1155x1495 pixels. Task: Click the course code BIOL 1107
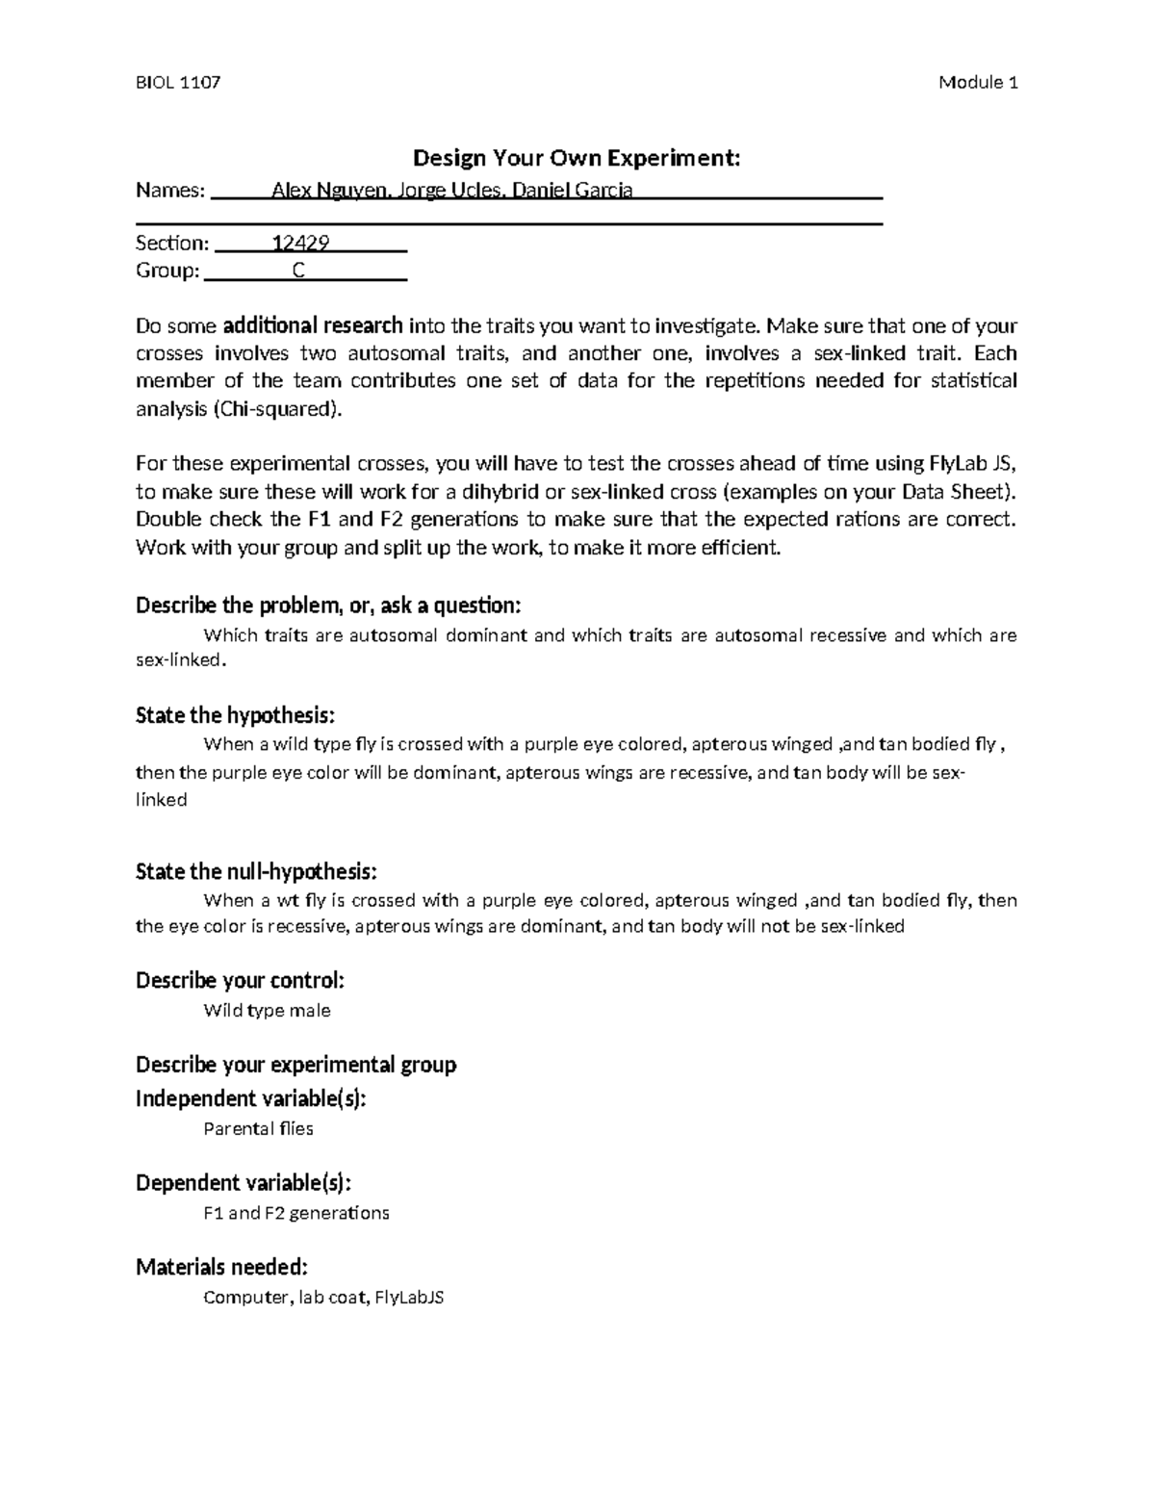[x=178, y=83]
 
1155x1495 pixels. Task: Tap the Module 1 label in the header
[x=978, y=83]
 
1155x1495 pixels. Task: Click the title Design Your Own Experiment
[x=577, y=158]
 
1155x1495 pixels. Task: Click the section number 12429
[x=301, y=244]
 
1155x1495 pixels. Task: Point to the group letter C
[x=298, y=271]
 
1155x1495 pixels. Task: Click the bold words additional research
[x=313, y=325]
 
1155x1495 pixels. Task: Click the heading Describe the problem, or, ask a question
[x=327, y=606]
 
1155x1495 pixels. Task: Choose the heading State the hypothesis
[x=235, y=715]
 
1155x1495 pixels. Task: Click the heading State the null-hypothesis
[x=256, y=871]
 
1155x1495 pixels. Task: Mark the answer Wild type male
[x=267, y=1011]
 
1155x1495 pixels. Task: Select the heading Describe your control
[x=240, y=981]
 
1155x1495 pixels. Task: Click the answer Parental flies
[x=258, y=1128]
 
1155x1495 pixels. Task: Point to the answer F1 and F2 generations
[x=296, y=1213]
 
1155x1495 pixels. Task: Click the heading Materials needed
[x=221, y=1267]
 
